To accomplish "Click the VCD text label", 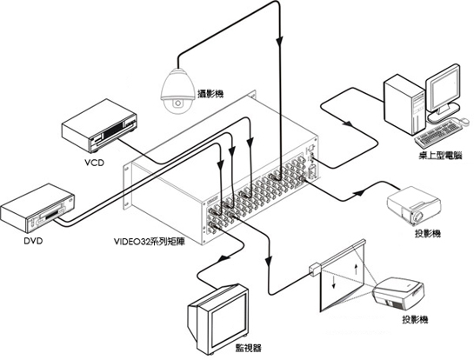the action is coord(94,163).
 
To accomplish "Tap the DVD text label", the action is coord(33,241).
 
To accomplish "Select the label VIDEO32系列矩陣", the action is coord(150,242).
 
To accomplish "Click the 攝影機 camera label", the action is coord(210,94).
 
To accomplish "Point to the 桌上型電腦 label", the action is coord(440,156).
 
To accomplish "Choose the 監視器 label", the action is coord(248,348).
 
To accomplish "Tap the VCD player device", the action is coord(99,125).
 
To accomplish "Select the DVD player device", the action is coord(37,208).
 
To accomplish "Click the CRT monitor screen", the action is coord(229,321).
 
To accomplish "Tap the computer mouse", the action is coord(464,121).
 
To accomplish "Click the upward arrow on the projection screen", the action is coord(356,269).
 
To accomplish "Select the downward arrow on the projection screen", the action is coord(333,282).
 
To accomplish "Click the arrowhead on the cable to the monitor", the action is coord(224,259).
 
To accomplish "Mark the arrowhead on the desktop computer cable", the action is coord(348,123).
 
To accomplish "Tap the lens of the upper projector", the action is coord(418,217).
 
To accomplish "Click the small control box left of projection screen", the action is coord(315,269).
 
